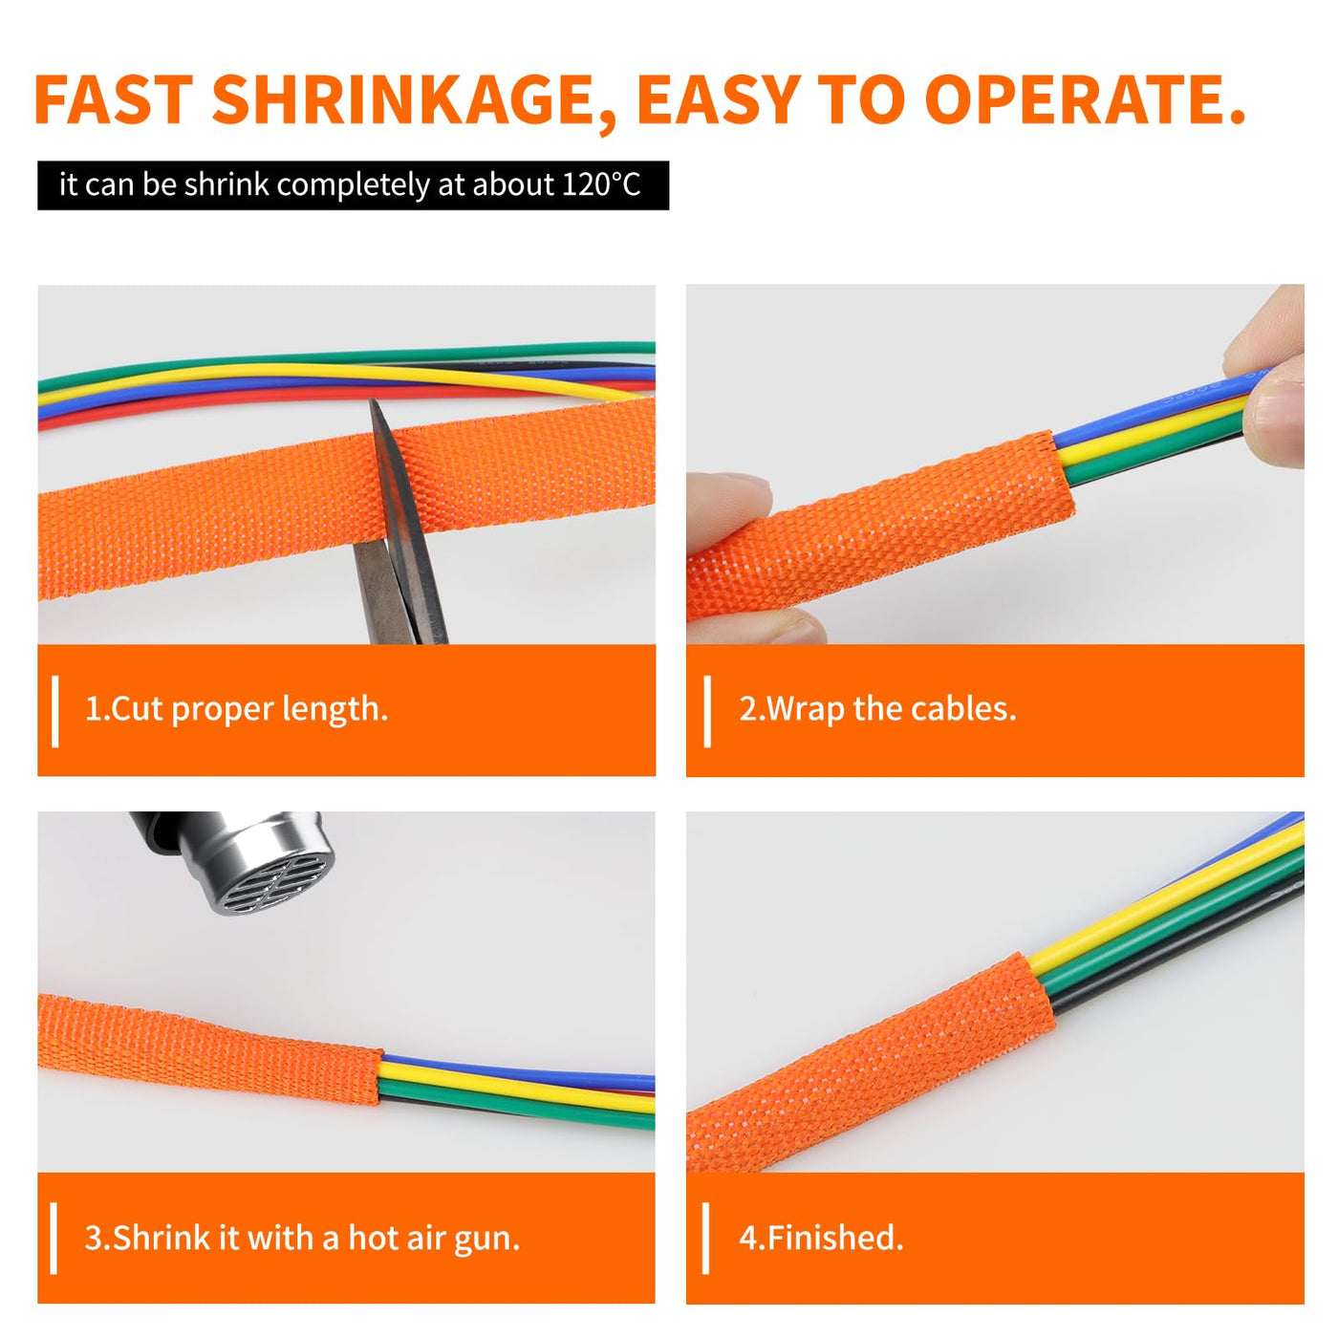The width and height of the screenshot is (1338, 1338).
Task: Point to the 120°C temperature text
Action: (x=601, y=184)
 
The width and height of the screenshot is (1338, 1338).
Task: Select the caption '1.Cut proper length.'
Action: (x=236, y=709)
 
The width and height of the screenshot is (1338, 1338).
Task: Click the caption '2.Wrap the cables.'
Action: (x=877, y=709)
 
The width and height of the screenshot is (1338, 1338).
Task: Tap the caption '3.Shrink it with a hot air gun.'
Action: (x=302, y=1238)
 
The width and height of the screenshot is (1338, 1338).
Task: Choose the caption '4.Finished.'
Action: (x=821, y=1238)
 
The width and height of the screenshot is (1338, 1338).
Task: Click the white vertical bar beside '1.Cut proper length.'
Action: (x=54, y=711)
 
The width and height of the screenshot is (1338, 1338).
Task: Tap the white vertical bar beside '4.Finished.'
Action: (x=706, y=1239)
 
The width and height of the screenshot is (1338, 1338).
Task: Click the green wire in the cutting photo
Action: (x=347, y=356)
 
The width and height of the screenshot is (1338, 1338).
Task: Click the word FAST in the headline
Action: (x=113, y=99)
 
